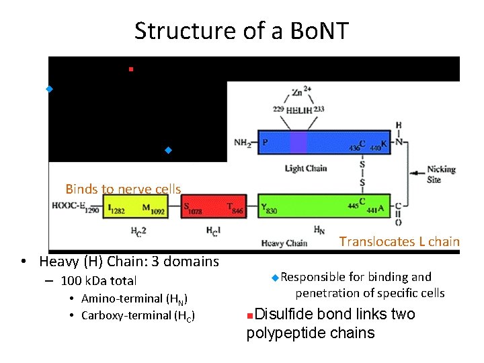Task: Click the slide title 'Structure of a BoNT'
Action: click(241, 31)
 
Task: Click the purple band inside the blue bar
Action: click(298, 143)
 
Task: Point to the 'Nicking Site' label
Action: click(442, 174)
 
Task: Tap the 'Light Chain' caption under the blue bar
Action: click(306, 168)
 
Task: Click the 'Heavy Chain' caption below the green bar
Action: click(284, 243)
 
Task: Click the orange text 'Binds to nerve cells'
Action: click(123, 190)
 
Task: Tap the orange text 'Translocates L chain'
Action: click(399, 241)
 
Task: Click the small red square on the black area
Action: click(131, 69)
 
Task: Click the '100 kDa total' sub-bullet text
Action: click(98, 281)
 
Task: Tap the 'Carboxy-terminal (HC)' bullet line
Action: click(138, 316)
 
